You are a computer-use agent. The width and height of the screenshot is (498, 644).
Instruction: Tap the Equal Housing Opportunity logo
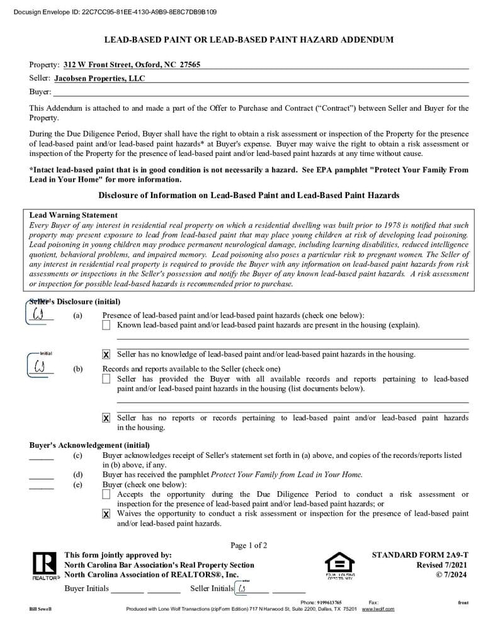pos(339,565)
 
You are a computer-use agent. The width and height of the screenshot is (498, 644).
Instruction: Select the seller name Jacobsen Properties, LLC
pos(99,79)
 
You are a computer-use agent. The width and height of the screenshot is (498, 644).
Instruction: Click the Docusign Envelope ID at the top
pos(115,11)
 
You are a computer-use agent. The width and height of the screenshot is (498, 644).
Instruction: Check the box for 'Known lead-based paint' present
pos(106,325)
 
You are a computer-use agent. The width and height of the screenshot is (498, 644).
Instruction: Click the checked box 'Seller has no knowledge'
pos(106,355)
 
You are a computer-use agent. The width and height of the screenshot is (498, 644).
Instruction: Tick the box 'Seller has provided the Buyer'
pos(106,379)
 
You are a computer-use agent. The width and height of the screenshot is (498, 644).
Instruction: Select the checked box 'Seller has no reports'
pos(106,418)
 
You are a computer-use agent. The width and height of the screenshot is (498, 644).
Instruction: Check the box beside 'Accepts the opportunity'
pos(106,495)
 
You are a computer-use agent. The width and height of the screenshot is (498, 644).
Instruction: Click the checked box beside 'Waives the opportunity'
pos(106,514)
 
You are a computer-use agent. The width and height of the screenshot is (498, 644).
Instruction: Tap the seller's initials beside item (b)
pos(40,365)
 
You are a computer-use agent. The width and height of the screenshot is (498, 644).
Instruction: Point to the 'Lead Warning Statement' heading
pos(73,215)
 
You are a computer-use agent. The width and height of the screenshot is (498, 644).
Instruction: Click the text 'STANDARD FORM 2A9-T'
pos(420,555)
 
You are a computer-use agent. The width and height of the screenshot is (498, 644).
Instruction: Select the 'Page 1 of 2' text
pos(249,545)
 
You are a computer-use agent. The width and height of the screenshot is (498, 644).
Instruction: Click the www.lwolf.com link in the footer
pos(378,609)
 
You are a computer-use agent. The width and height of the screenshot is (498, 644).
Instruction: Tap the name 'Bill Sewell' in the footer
pos(40,609)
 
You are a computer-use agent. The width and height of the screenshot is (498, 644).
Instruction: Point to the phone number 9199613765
pos(329,602)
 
